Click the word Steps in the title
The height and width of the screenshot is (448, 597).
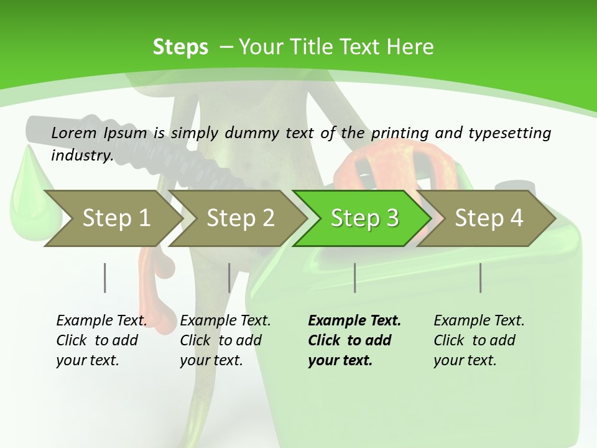coord(180,47)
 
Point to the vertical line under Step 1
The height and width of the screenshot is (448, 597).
coord(105,278)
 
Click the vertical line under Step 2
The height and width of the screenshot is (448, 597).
coord(229,278)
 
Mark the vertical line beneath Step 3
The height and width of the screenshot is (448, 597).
coord(354,278)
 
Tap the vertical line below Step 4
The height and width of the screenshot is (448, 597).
coord(480,278)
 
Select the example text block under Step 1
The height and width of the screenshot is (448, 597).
coord(101,340)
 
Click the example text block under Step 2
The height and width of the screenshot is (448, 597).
coord(225,340)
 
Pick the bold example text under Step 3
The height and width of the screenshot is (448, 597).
coord(354,340)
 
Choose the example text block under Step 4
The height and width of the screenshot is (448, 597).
coord(479,340)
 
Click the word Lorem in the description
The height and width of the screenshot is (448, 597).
coord(74,133)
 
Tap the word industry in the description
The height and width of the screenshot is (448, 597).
coord(81,156)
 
